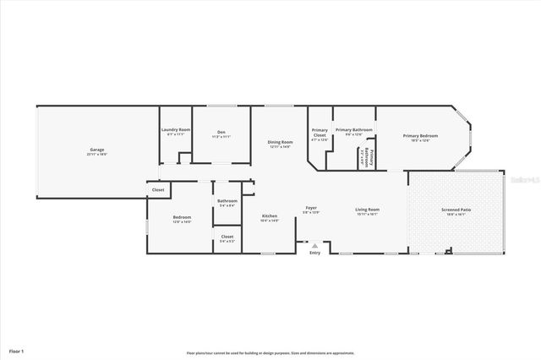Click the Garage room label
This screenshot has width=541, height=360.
tap(97, 150)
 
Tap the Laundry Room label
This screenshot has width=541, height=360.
tap(176, 129)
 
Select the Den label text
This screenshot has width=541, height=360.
tap(221, 132)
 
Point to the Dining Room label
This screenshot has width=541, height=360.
tap(280, 142)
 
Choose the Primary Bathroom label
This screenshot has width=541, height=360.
tap(354, 130)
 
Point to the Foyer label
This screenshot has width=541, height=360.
tap(311, 208)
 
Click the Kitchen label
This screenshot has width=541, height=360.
tap(269, 216)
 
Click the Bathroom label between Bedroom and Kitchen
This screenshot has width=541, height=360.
tap(227, 200)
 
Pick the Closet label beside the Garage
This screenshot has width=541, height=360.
tap(158, 190)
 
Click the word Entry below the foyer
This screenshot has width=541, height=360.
tap(314, 253)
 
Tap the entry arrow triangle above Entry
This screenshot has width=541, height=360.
tap(314, 246)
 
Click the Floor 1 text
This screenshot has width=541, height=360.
tap(16, 350)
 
